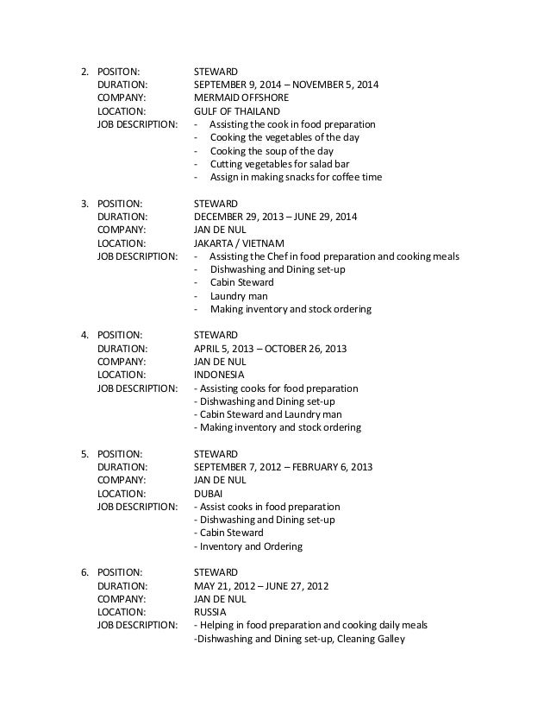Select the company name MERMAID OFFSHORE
tap(238, 98)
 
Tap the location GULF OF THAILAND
tap(236, 111)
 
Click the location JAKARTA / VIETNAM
tap(240, 243)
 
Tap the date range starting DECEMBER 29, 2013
tap(276, 217)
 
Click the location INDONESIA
tap(219, 375)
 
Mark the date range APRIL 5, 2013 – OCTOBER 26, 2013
tap(270, 348)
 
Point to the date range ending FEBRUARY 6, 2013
tap(283, 467)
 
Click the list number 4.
tap(84, 335)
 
